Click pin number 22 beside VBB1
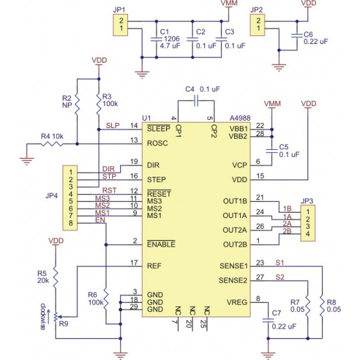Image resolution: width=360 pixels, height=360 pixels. click(x=259, y=125)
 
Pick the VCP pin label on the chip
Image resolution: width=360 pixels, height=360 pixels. click(x=239, y=164)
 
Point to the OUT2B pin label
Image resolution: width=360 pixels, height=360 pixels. click(x=234, y=244)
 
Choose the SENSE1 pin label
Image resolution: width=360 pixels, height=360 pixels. click(x=233, y=266)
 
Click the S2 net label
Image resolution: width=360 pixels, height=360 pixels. click(x=280, y=276)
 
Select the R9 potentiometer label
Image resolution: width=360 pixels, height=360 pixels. click(x=64, y=325)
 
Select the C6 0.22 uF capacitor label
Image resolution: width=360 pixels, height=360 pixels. click(x=315, y=37)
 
